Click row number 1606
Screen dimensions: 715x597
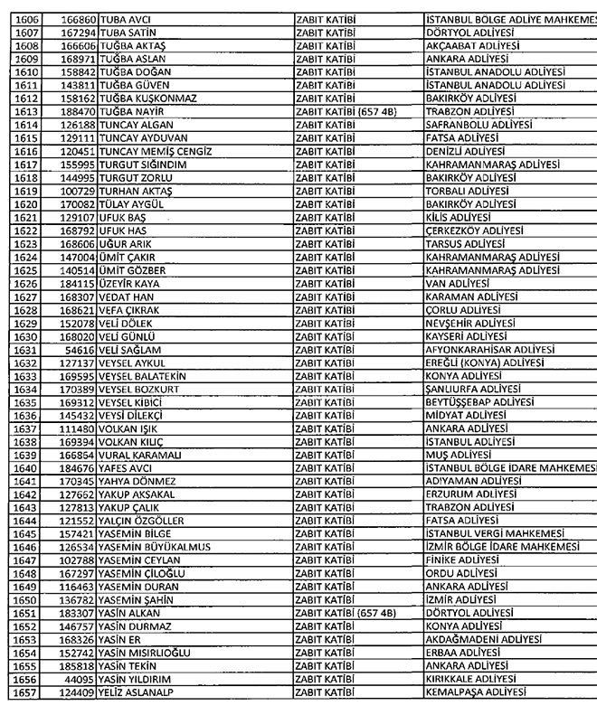[x=25, y=19]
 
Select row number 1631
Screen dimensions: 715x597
[x=25, y=349]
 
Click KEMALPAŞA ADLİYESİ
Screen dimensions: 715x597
[x=475, y=692]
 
